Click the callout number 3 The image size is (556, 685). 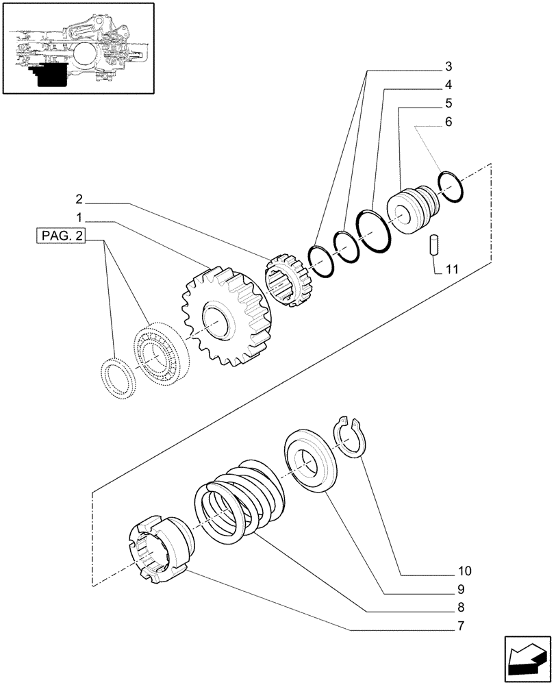448,66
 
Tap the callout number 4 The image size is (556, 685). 448,85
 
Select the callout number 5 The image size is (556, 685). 448,103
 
